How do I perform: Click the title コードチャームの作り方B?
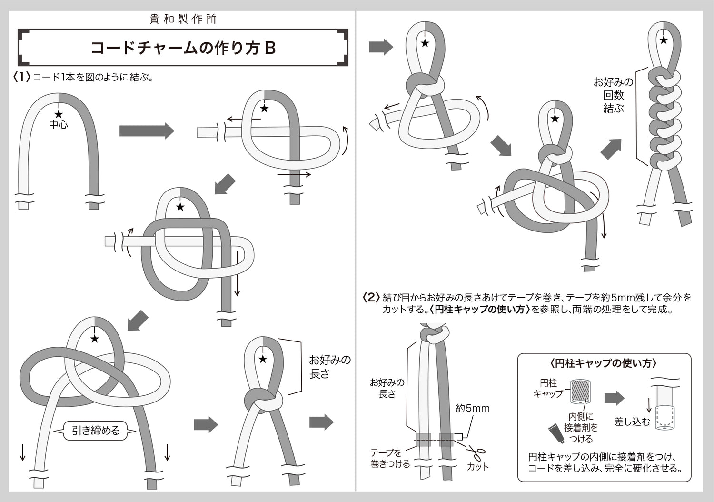[183, 48]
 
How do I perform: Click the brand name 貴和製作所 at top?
[183, 19]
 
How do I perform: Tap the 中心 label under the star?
[59, 125]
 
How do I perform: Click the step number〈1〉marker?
[22, 77]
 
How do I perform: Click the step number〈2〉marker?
[371, 298]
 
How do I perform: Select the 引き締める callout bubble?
[96, 431]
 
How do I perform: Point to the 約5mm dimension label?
[472, 408]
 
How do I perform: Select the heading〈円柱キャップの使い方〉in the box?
[603, 363]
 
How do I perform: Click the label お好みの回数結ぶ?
[613, 95]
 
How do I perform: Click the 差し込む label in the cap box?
[632, 422]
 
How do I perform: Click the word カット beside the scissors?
[477, 466]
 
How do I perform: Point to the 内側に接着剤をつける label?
[581, 428]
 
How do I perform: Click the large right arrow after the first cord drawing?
[147, 131]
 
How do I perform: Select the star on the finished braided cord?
[664, 40]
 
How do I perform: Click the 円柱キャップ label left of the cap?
[548, 388]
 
